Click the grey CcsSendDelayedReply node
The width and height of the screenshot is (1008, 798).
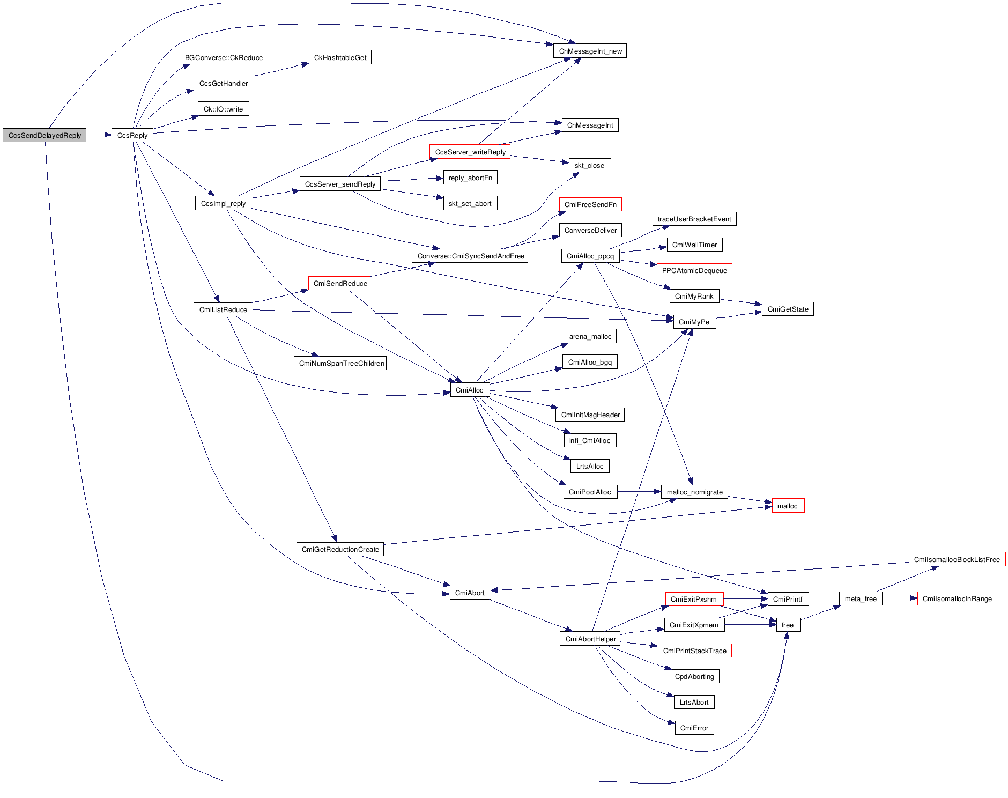point(45,135)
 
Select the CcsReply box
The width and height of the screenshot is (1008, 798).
point(132,135)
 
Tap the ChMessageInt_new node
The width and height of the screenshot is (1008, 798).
point(590,51)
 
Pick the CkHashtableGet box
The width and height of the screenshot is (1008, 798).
point(340,57)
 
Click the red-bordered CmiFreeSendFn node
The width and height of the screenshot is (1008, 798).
point(590,204)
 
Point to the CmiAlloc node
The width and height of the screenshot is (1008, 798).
point(469,390)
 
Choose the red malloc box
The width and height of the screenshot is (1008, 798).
point(787,506)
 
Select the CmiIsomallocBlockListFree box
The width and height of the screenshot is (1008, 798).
point(957,559)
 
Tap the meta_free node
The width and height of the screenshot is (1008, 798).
point(861,598)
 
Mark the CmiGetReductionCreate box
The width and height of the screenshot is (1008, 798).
point(340,549)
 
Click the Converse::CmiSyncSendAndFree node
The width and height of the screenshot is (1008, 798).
point(470,256)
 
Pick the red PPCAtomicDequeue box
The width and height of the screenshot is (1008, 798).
point(694,270)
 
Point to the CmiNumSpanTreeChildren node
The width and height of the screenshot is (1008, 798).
point(341,363)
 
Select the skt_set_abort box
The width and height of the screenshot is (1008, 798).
point(470,203)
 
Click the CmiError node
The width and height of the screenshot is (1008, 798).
point(694,728)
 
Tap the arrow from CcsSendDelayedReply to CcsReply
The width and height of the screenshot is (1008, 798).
point(99,135)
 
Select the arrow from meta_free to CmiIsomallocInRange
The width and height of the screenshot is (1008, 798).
point(900,598)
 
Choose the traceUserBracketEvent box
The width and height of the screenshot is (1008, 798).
point(694,219)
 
